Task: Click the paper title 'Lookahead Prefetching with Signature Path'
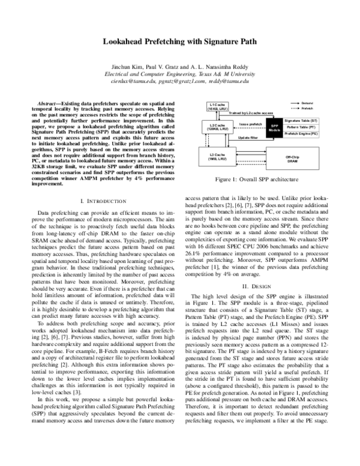[180, 44]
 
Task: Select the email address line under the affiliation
[180, 81]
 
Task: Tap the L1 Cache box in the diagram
[217, 106]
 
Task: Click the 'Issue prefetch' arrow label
[250, 124]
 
